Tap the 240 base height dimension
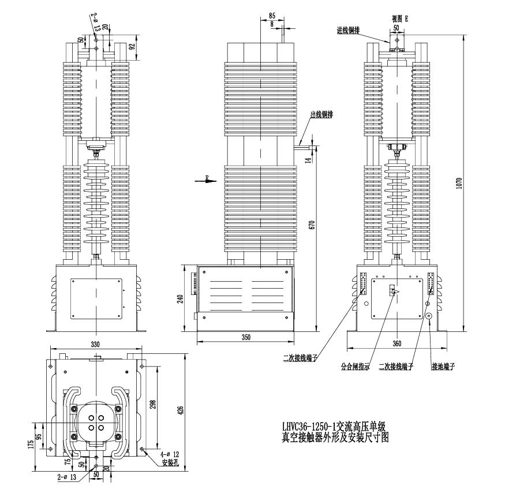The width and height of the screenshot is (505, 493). click(x=180, y=298)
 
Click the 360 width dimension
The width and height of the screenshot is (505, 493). click(x=396, y=343)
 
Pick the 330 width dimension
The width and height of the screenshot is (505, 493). click(x=96, y=344)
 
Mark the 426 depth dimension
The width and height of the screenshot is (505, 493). click(x=180, y=411)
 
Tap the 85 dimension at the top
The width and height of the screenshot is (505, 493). click(x=272, y=16)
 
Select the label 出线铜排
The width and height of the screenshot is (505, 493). click(x=321, y=115)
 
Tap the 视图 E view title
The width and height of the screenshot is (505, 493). click(x=398, y=18)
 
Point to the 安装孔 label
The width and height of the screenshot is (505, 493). click(x=169, y=463)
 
